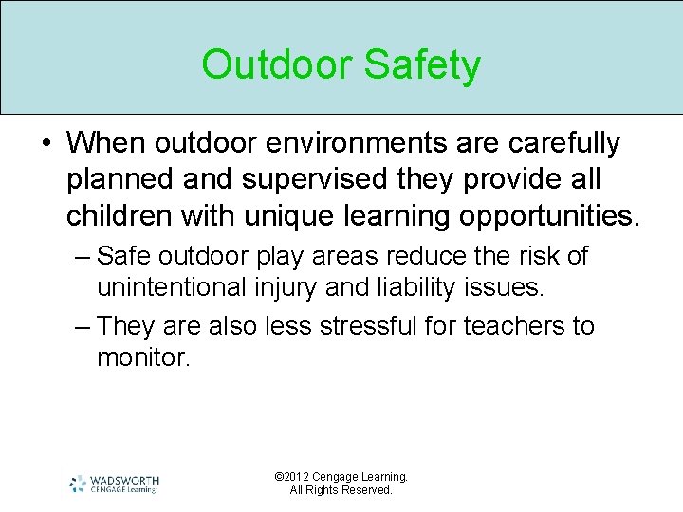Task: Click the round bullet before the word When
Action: click(x=46, y=144)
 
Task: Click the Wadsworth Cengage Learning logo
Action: click(x=115, y=484)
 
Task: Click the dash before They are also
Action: click(x=83, y=326)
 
